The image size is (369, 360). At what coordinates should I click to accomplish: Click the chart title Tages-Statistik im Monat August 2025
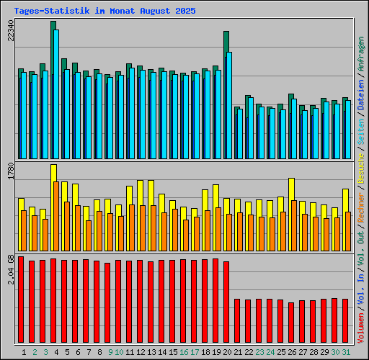click(104, 12)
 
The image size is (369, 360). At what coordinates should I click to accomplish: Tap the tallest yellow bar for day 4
click(53, 173)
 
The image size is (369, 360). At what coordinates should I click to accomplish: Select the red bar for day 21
click(237, 321)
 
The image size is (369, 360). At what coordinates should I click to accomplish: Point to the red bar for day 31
click(345, 321)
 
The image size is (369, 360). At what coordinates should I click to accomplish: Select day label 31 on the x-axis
click(347, 352)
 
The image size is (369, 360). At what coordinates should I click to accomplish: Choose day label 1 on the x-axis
click(25, 352)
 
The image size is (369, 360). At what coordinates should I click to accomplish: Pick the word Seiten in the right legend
click(361, 127)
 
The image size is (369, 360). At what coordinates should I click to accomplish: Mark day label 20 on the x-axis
click(228, 352)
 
